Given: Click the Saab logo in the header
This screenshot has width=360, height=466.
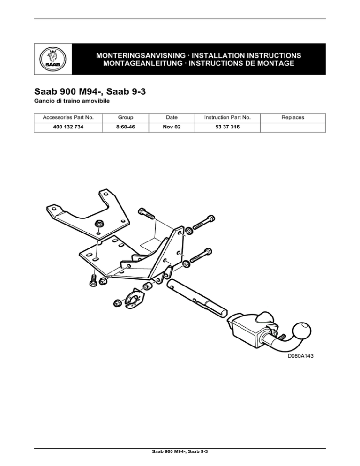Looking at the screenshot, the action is tap(53, 59).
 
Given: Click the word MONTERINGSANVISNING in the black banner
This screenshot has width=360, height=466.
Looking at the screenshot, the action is tap(141, 56).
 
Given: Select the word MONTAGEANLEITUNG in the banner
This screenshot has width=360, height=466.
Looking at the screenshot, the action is tap(142, 63).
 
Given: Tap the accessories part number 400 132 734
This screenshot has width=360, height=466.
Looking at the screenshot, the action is tap(68, 127).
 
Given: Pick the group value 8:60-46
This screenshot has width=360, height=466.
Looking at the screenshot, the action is tap(126, 127).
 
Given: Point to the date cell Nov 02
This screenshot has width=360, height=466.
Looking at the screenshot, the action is tap(172, 127).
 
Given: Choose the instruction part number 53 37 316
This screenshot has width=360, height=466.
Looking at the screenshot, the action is tap(227, 127).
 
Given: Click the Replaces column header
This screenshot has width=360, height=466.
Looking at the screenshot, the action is tap(293, 117).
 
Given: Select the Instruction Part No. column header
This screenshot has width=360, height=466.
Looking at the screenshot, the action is tap(227, 117).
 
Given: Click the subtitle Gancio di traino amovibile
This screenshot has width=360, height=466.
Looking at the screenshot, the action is tap(72, 101).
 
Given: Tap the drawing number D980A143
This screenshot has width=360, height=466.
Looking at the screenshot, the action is tap(300, 356).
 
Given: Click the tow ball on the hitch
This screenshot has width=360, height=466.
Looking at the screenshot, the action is tap(302, 331).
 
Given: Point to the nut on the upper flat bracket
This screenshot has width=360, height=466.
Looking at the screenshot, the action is tap(98, 225).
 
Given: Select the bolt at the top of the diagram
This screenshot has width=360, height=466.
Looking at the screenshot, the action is tap(147, 214).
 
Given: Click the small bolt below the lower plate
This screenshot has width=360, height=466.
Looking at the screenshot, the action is tap(93, 281).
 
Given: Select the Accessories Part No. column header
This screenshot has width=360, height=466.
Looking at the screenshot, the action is tap(68, 117).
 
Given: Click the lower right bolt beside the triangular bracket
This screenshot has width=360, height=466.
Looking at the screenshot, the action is tap(201, 256).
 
